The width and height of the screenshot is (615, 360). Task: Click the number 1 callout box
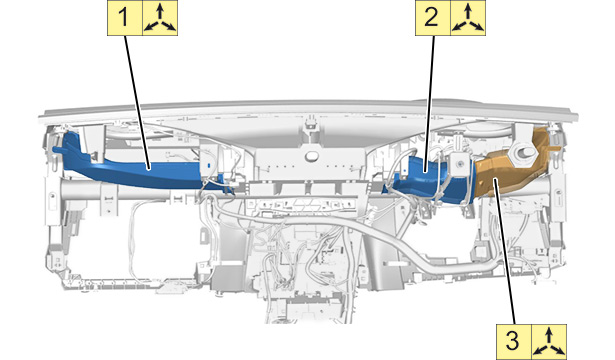pos(125,18)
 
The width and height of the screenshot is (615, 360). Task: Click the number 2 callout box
pos(433,18)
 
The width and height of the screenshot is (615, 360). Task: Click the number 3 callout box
pos(514,342)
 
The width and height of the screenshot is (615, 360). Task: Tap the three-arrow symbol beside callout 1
pos(160,18)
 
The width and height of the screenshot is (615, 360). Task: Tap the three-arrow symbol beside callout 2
pos(468,18)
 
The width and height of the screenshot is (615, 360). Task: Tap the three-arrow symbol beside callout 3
pos(549,342)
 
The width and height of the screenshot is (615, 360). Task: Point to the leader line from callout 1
pos(138,103)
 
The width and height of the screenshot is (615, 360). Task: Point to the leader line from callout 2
pos(430,104)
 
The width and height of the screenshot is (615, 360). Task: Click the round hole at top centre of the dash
pos(312,155)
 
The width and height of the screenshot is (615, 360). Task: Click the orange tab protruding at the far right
pos(556,149)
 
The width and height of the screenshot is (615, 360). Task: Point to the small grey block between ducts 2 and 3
pos(458,164)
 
